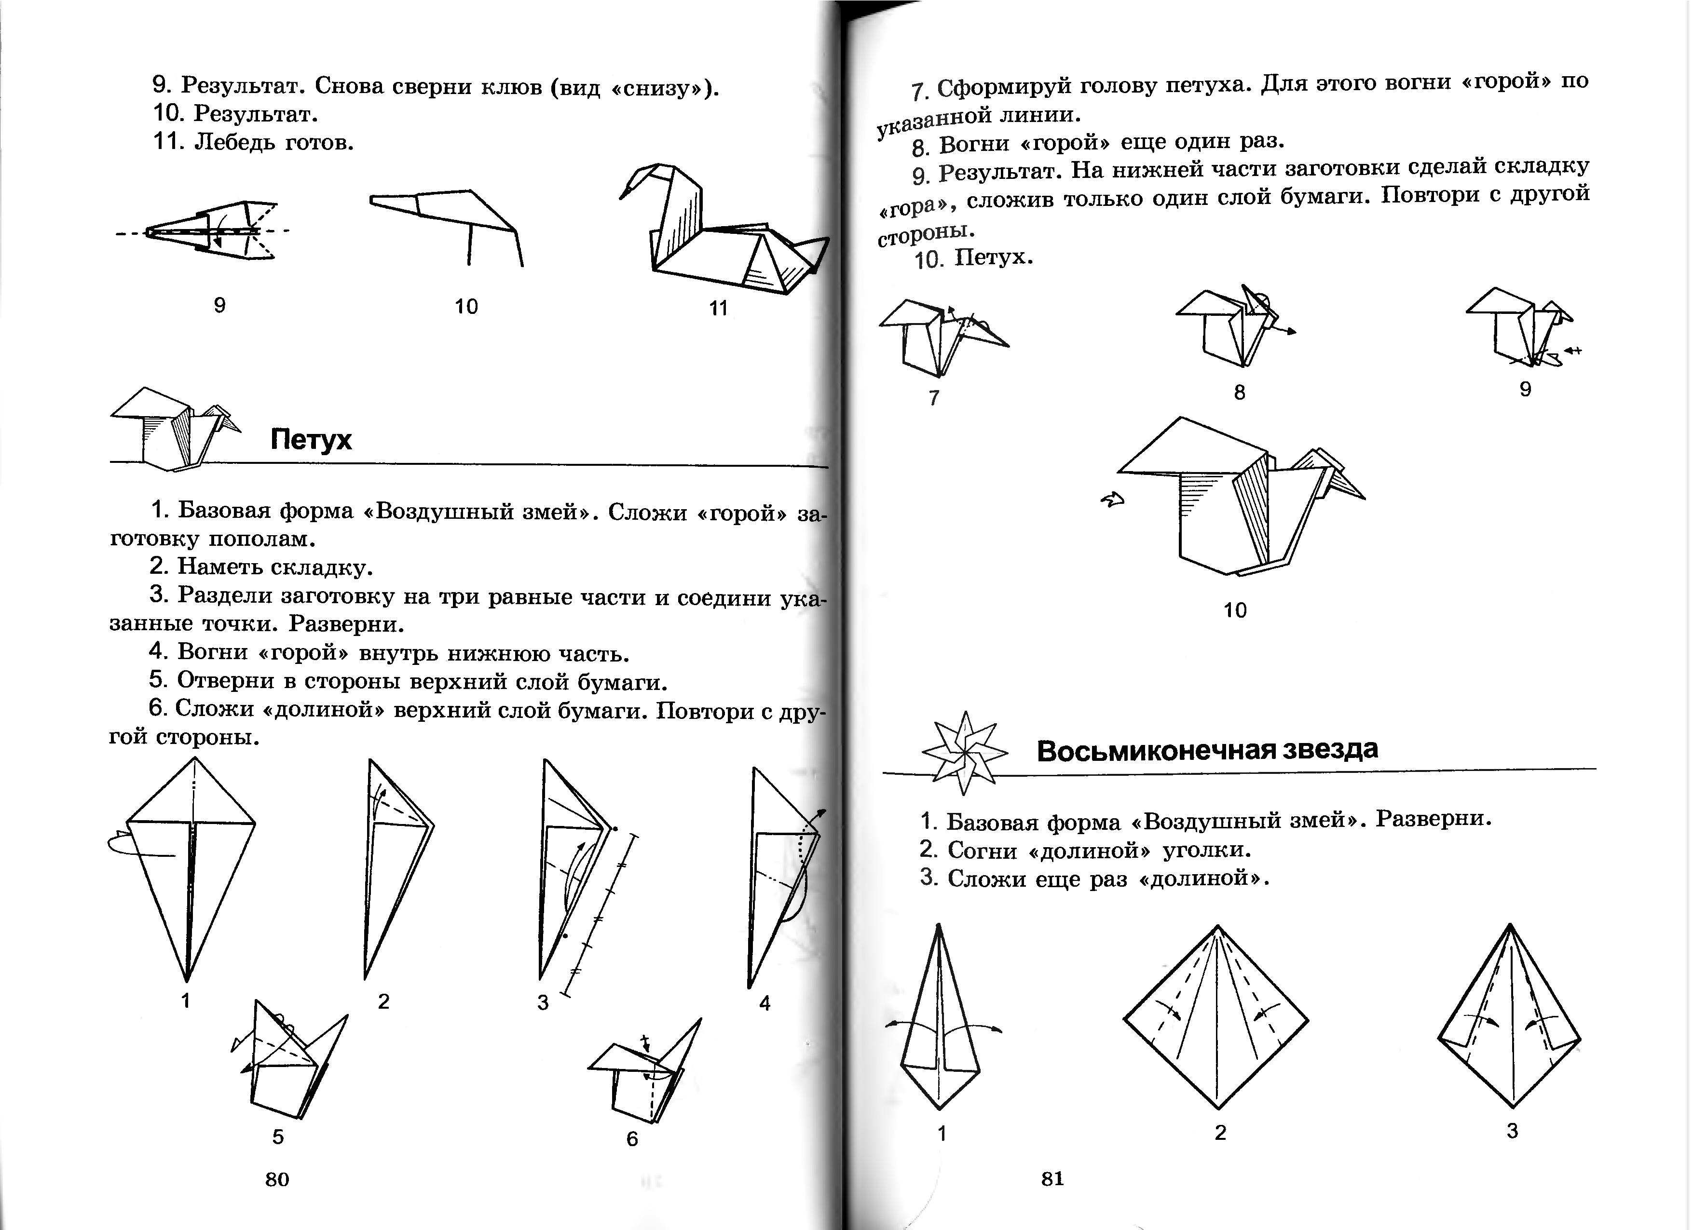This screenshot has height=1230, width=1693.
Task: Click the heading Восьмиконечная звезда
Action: point(1207,749)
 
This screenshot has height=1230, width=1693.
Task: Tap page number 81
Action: point(1052,1178)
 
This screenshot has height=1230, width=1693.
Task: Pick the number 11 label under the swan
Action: point(718,308)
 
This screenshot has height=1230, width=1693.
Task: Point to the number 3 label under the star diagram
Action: point(1512,1131)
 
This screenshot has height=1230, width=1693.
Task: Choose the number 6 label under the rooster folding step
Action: point(632,1138)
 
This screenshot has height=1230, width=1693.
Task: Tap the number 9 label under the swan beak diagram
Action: point(219,305)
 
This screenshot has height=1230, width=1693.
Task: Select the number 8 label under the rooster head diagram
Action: point(1240,392)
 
